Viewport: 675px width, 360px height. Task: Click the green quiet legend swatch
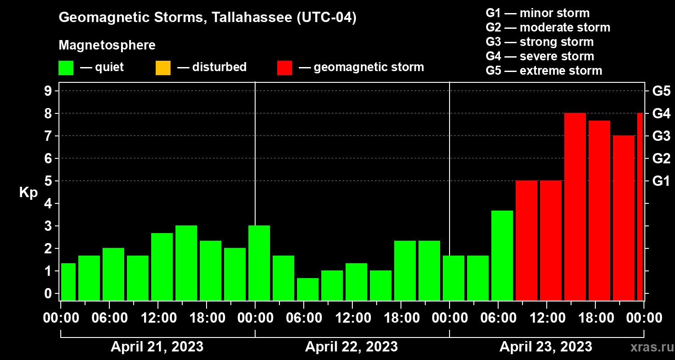(66, 67)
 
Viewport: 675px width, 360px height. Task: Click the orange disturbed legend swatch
(163, 67)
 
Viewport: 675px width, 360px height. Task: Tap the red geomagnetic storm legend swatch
(284, 67)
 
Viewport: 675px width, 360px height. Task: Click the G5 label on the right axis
(661, 91)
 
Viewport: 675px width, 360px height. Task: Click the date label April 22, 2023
(351, 347)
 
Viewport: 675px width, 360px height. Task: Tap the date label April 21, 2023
(157, 347)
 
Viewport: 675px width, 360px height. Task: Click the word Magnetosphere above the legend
(107, 45)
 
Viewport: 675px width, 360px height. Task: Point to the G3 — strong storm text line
(540, 42)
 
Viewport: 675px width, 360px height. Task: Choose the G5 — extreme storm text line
(544, 71)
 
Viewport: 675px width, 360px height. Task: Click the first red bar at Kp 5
(526, 241)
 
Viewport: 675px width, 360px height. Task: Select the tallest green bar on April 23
(502, 256)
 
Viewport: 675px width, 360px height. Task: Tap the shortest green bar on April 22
(308, 289)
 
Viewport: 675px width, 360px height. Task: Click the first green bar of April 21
(68, 282)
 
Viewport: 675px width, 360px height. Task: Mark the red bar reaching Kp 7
(624, 218)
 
